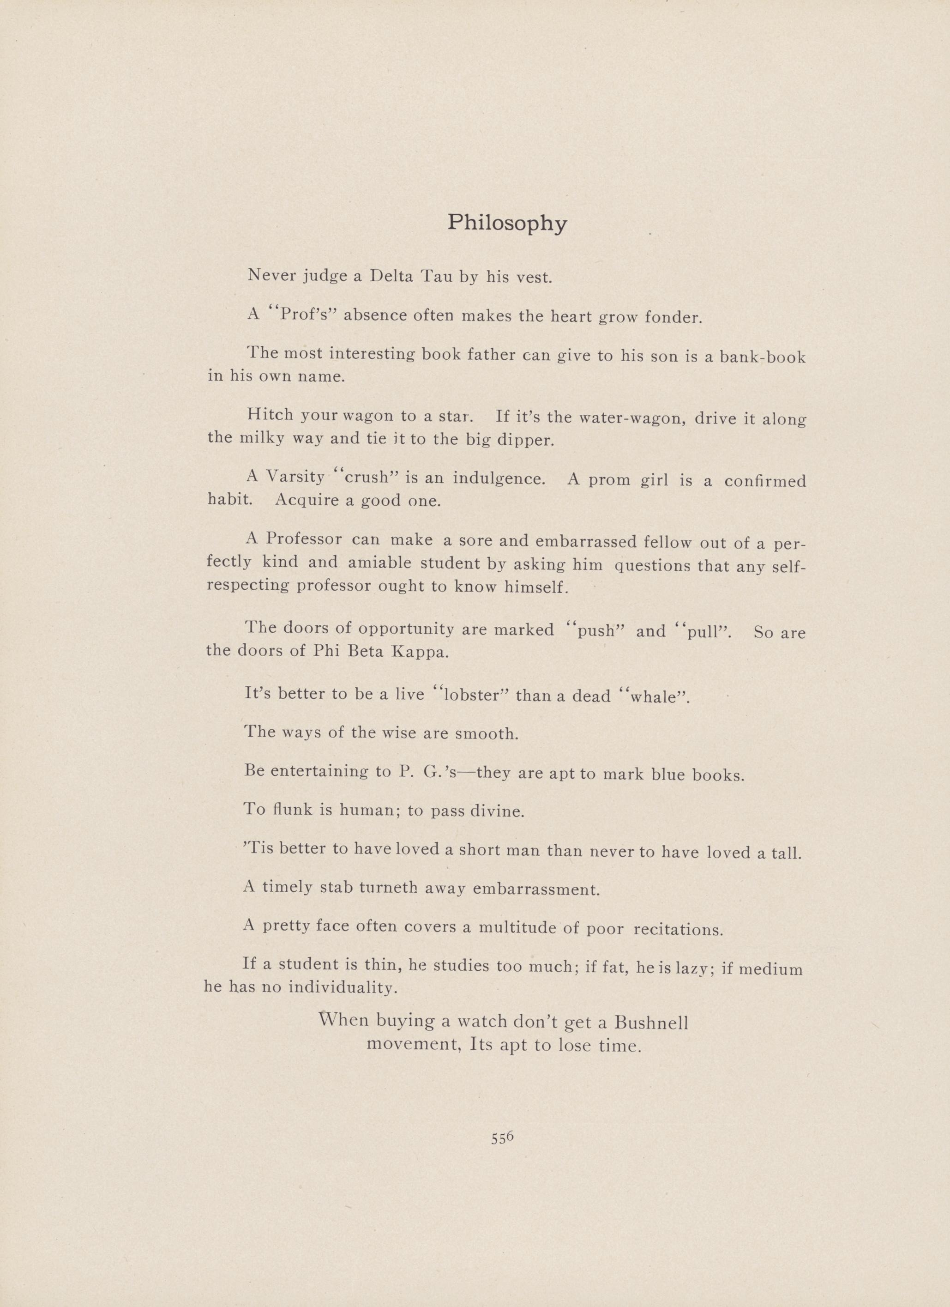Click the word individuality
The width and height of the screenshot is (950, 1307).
[342, 987]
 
